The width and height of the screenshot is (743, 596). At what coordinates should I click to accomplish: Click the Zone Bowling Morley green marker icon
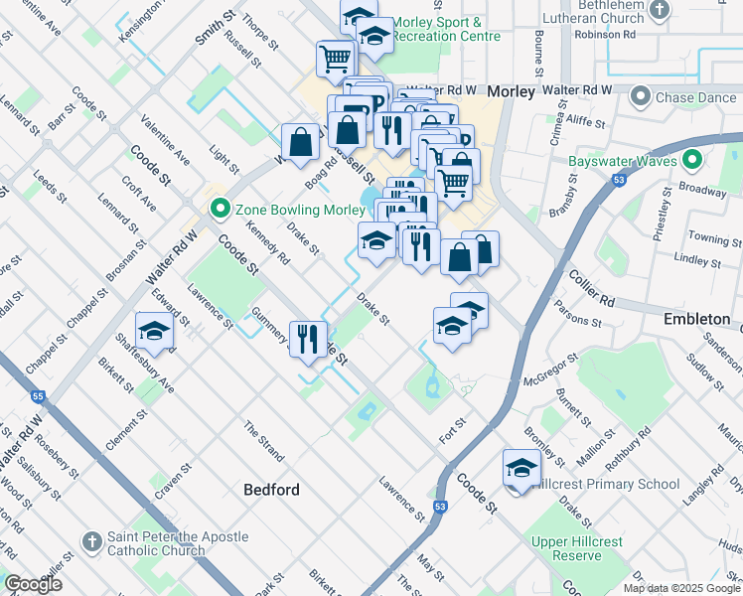219,209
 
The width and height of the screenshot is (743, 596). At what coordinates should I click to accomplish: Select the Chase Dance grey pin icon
641,96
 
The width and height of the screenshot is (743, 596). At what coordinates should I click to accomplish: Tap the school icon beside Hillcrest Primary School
521,467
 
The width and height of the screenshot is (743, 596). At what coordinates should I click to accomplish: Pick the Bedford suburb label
271,490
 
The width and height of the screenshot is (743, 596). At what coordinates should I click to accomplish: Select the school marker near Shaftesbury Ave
154,330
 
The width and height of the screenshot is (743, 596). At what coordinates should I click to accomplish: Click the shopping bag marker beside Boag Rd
300,141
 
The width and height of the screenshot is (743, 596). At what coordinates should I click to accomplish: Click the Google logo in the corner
33,584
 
